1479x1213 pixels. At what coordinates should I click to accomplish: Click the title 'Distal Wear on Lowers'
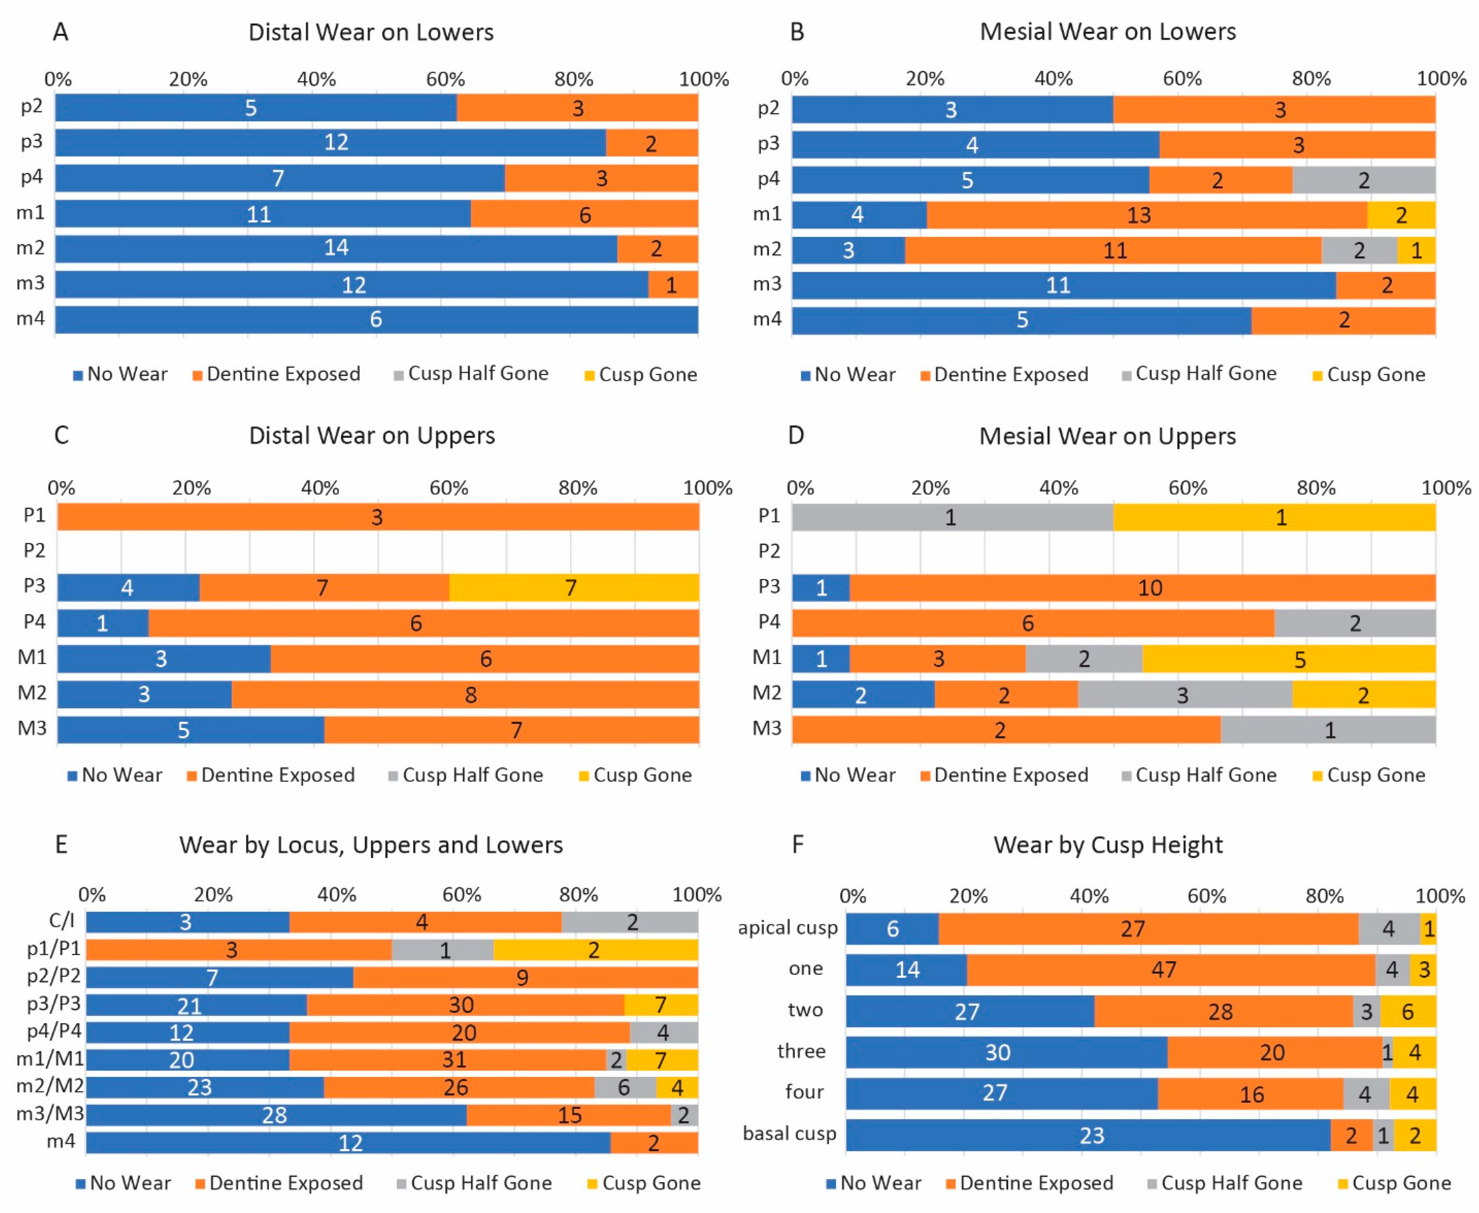point(371,32)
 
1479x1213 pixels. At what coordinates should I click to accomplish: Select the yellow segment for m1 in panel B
point(1401,214)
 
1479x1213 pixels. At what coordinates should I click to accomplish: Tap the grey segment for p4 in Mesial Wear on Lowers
point(1363,179)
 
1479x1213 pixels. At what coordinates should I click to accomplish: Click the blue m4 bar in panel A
point(376,319)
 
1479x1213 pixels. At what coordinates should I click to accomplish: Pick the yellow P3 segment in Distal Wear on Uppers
point(573,587)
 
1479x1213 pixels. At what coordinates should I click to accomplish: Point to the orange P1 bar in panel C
point(377,517)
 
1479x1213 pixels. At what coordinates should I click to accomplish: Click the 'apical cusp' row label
point(787,928)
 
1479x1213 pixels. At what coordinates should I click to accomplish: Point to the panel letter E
point(62,845)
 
